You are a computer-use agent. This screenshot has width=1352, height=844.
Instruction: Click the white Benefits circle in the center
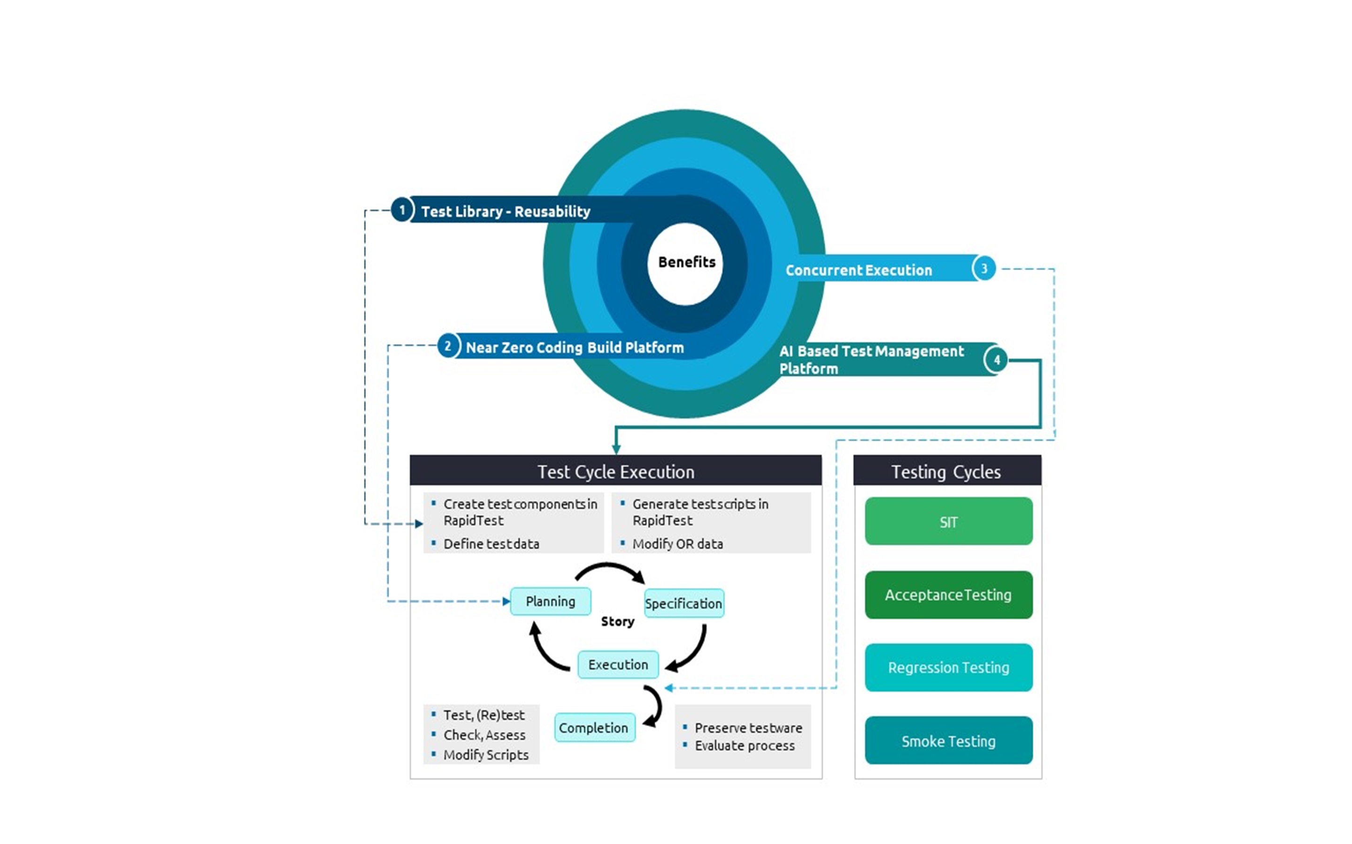tap(685, 263)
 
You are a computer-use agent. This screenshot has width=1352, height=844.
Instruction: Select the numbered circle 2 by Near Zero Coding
tap(447, 346)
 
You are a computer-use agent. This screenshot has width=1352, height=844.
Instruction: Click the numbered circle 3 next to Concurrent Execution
tap(984, 269)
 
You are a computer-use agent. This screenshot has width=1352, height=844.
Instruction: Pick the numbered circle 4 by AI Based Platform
tap(996, 360)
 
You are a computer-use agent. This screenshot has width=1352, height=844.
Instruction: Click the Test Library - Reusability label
tap(505, 211)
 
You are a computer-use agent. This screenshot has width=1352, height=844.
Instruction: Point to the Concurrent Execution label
tap(858, 270)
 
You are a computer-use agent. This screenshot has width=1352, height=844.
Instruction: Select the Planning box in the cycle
tap(550, 601)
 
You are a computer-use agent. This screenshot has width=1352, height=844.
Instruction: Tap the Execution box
tap(618, 664)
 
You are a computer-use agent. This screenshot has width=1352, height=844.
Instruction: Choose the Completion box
tap(594, 727)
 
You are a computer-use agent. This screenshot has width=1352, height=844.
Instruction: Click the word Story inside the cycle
tap(617, 621)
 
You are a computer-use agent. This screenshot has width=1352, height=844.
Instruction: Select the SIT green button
tap(948, 521)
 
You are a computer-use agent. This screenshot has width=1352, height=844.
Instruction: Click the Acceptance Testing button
tap(948, 595)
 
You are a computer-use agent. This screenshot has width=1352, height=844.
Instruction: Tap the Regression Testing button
tap(948, 667)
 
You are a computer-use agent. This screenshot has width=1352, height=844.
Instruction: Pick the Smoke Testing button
tap(948, 741)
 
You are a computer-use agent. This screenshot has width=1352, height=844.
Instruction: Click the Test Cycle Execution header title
tap(615, 472)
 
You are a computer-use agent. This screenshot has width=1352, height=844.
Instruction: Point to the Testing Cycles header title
tap(946, 472)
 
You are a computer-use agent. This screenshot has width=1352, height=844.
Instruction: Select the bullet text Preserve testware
tap(748, 728)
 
